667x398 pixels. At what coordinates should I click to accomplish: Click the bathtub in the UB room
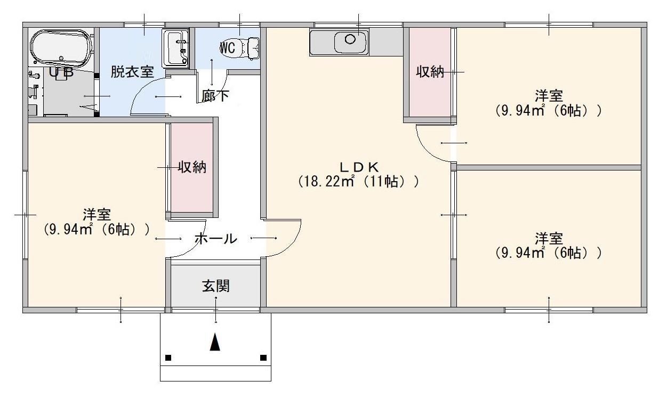pyautogui.click(x=61, y=47)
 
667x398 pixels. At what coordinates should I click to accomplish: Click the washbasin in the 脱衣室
pyautogui.click(x=176, y=48)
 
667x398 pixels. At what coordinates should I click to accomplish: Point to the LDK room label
pyautogui.click(x=358, y=166)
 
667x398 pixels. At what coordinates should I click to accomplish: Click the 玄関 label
pyautogui.click(x=216, y=286)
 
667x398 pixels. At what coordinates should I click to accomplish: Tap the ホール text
pyautogui.click(x=216, y=239)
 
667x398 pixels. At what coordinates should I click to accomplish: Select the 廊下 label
pyautogui.click(x=215, y=96)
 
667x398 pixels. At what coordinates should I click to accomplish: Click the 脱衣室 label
pyautogui.click(x=132, y=72)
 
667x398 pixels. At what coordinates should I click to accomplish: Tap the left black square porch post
pyautogui.click(x=168, y=358)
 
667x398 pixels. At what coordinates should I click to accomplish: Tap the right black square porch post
pyautogui.click(x=263, y=358)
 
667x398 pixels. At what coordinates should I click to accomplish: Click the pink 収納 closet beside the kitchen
pyautogui.click(x=430, y=72)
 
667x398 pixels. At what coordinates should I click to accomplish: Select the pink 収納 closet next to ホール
pyautogui.click(x=192, y=168)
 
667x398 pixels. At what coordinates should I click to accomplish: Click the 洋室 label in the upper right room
pyautogui.click(x=549, y=96)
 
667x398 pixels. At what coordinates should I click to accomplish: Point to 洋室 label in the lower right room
pyautogui.click(x=549, y=238)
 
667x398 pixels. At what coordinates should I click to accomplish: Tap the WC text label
pyautogui.click(x=228, y=48)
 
